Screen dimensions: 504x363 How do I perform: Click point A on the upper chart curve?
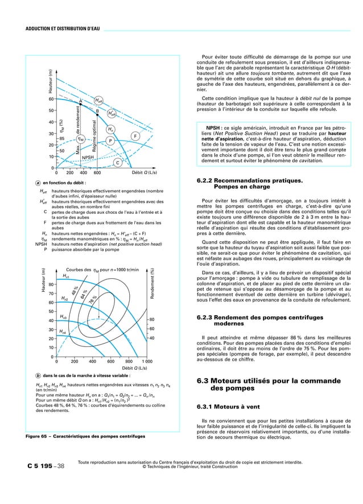click(x=81, y=101)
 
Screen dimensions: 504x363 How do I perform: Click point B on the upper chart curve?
click(x=97, y=111)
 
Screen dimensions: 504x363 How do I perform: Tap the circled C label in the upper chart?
click(x=117, y=163)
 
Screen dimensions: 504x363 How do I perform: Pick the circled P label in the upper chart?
click(x=110, y=140)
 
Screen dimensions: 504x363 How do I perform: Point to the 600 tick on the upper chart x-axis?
click(x=97, y=172)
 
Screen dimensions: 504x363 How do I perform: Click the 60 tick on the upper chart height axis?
click(x=51, y=99)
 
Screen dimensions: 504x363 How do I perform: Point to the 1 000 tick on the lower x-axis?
click(x=147, y=361)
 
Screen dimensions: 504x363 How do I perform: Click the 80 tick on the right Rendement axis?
click(x=152, y=320)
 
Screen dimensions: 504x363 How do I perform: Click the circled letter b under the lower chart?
click(x=38, y=375)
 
